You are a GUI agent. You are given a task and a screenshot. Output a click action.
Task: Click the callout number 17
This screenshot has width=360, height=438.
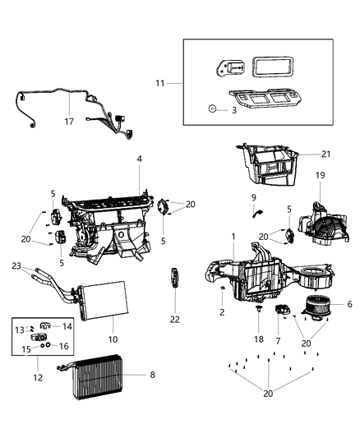point(69,121)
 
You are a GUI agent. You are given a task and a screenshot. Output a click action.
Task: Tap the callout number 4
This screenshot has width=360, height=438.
point(140,158)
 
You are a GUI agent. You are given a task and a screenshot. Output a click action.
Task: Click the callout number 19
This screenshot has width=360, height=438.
point(321,175)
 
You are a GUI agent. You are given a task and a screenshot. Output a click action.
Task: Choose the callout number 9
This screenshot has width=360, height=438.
point(253,197)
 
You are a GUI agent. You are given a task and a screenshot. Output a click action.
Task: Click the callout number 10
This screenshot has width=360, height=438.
point(113,339)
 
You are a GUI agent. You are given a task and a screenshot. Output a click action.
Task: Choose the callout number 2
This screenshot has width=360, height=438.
point(221,313)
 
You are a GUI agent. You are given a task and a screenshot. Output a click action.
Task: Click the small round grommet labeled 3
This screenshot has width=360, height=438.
point(211,108)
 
